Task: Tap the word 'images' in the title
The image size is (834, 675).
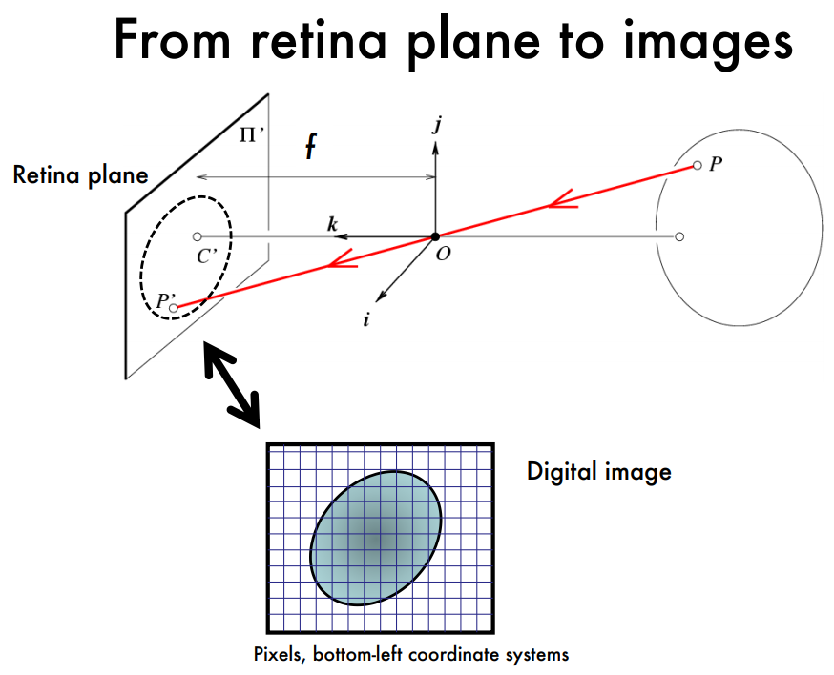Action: (x=698, y=40)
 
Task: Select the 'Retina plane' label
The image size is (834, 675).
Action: (x=80, y=175)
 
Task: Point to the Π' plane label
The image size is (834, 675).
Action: (x=251, y=134)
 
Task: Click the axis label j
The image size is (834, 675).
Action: (x=436, y=125)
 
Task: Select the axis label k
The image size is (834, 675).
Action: (x=332, y=224)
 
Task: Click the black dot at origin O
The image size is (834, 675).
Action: (x=435, y=236)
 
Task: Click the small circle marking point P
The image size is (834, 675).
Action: (x=697, y=166)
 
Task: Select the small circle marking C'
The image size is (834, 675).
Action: (x=197, y=236)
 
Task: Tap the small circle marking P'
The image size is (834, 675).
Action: (x=174, y=308)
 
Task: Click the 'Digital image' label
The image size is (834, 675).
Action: (x=598, y=471)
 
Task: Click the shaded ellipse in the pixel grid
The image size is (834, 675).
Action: (x=377, y=538)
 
